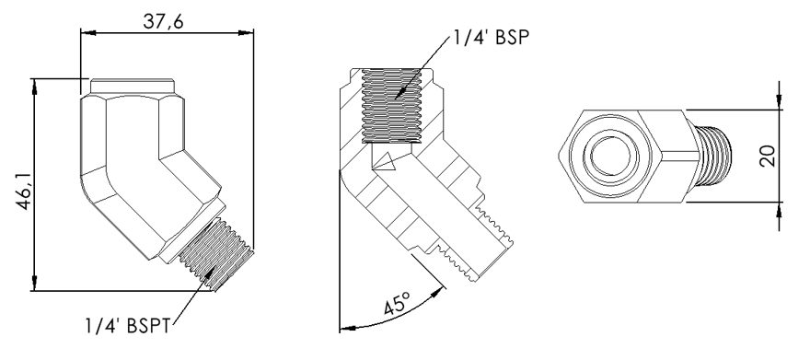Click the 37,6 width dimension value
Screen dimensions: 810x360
[x=163, y=21]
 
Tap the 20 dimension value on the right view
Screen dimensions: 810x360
[x=768, y=156]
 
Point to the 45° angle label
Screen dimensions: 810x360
[x=398, y=303]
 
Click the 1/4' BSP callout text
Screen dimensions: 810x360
[x=492, y=38]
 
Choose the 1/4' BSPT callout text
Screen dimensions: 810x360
[x=128, y=325]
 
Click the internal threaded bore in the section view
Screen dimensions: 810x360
[x=391, y=105]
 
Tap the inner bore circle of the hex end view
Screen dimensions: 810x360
[x=610, y=155]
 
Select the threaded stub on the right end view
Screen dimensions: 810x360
[x=714, y=156]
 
